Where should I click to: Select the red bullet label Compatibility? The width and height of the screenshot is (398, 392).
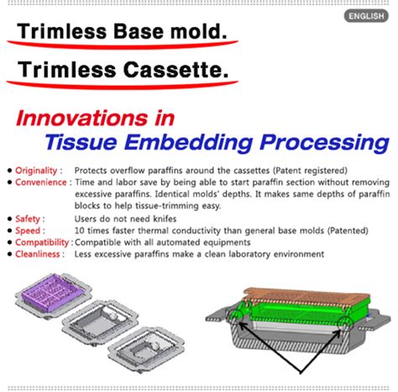coord(40,242)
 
